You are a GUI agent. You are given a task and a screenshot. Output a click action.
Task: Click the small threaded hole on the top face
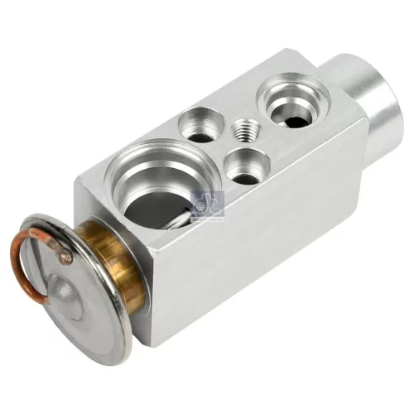[245, 130]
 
